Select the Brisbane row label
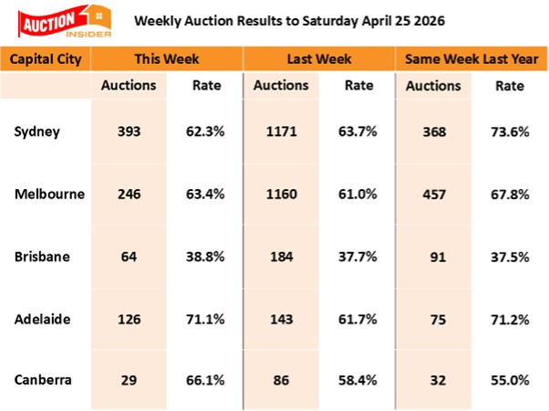coord(41,257)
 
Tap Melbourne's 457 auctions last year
coord(433,195)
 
